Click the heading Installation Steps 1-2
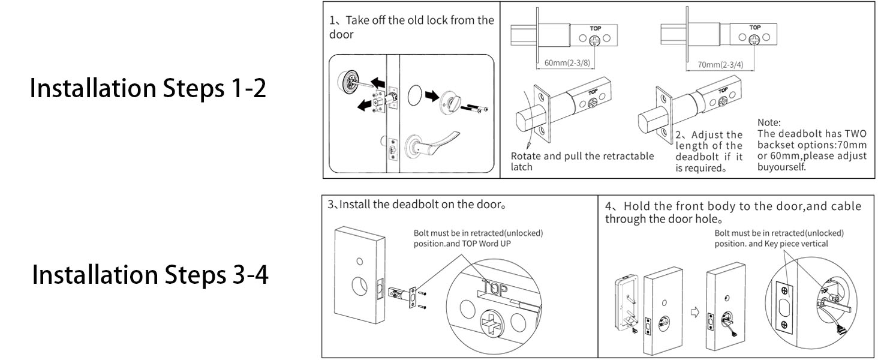[148, 89]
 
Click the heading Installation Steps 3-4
[150, 275]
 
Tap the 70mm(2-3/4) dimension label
[721, 64]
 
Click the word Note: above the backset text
[769, 123]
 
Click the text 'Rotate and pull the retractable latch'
[582, 161]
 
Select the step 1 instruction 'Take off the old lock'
[411, 26]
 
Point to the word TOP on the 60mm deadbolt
[594, 28]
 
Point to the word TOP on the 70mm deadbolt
[754, 28]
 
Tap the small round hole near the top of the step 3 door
[359, 261]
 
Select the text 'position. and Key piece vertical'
[771, 244]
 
